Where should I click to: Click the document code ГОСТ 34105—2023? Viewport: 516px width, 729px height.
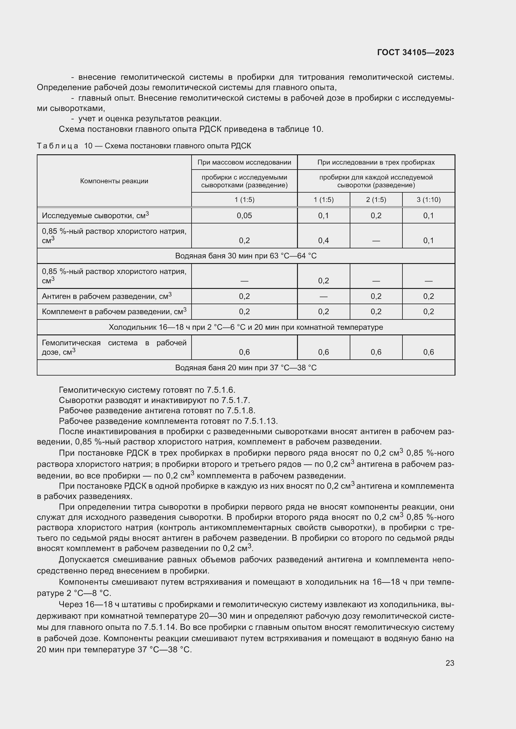(415, 53)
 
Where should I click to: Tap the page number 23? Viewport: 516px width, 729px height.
(450, 663)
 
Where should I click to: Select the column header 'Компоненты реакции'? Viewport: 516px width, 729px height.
(114, 181)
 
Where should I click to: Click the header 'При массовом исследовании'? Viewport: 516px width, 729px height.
(244, 162)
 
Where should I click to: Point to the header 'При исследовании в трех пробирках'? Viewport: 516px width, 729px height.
(376, 162)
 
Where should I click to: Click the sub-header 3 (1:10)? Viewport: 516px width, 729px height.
(428, 200)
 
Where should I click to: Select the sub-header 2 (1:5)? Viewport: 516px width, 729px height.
(376, 200)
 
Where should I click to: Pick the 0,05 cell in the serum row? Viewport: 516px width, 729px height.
(244, 216)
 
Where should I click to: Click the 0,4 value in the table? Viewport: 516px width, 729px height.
(324, 240)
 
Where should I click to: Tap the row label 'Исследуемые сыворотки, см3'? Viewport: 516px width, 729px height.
(95, 216)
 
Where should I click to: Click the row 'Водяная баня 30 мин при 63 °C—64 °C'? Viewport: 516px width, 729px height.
(246, 256)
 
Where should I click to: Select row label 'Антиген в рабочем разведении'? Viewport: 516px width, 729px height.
(106, 296)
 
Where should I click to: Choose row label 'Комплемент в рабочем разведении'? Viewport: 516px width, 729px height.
(114, 311)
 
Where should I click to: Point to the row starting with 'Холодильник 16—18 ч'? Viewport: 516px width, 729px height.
(246, 327)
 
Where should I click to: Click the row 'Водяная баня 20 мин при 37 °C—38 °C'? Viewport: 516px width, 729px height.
(246, 368)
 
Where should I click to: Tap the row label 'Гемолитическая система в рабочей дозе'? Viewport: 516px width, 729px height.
(114, 347)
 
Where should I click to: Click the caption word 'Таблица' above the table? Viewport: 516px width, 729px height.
(57, 146)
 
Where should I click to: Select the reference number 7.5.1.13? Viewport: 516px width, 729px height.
(260, 421)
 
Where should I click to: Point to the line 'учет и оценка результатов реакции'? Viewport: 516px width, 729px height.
(150, 119)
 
